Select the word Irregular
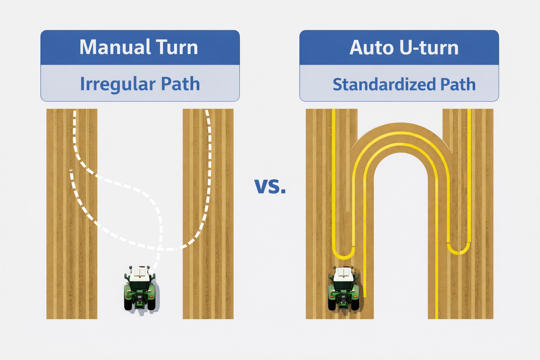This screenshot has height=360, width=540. (x=118, y=84)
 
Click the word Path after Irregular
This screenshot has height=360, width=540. (x=180, y=84)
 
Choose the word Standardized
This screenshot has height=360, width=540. (x=384, y=84)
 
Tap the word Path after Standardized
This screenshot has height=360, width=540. (x=458, y=84)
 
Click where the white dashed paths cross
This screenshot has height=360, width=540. (x=160, y=248)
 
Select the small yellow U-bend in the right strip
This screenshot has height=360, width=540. (x=459, y=251)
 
